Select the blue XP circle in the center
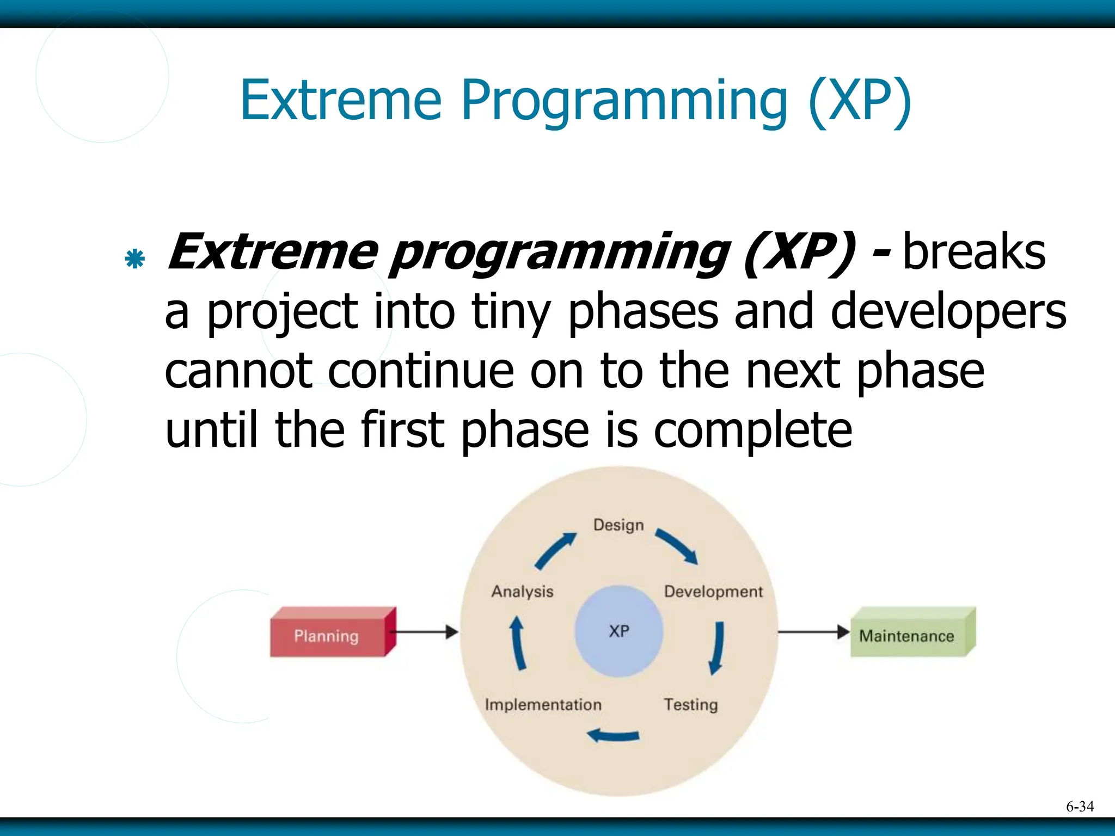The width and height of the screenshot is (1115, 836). click(x=619, y=631)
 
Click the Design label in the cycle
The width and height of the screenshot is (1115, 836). click(x=618, y=525)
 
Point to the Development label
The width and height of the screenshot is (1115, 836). click(x=713, y=592)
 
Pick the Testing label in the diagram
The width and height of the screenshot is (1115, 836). click(x=691, y=704)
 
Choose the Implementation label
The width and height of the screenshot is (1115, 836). click(x=543, y=704)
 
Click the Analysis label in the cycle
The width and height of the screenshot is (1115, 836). click(x=522, y=592)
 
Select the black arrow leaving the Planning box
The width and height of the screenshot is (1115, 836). click(x=425, y=632)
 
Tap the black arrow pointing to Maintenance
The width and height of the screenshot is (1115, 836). click(x=813, y=632)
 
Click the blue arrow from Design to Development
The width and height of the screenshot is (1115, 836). click(x=677, y=546)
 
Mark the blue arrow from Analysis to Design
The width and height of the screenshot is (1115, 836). click(x=555, y=550)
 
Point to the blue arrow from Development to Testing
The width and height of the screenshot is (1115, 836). click(x=717, y=648)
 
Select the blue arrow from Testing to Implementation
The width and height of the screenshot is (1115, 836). click(x=614, y=736)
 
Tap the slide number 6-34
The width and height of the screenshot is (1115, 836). click(x=1080, y=806)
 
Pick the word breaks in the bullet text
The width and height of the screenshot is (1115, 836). click(x=974, y=252)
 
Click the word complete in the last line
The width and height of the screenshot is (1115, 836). click(x=752, y=430)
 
